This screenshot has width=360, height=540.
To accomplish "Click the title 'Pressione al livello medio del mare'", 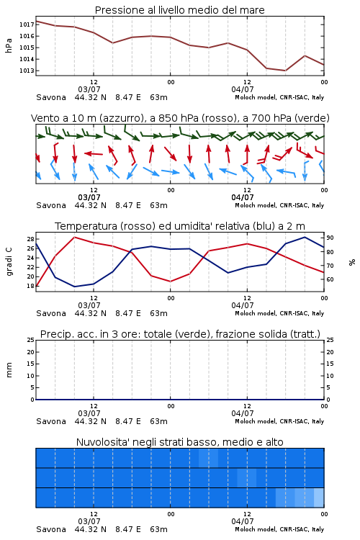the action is [179, 10].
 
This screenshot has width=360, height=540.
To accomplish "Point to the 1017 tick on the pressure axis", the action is [26, 24].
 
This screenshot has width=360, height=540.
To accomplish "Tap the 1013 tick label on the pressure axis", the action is [26, 71].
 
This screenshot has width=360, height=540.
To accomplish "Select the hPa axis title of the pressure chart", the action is [9, 45].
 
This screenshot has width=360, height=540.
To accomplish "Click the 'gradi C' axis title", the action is [9, 262].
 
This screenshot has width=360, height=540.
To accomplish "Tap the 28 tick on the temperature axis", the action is [30, 239].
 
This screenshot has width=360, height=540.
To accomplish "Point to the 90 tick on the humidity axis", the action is [330, 238].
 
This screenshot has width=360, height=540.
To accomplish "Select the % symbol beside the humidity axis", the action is [352, 262].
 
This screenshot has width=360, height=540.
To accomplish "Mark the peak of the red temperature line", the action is [74, 237].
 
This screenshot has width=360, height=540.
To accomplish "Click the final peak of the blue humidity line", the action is [305, 237].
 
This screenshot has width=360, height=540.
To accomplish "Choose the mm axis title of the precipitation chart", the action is [9, 370].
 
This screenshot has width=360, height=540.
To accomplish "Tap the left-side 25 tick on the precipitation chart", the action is [31, 340].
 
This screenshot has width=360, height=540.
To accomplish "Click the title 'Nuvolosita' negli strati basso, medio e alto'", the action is [179, 442].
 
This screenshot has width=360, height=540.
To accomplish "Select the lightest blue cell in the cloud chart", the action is [319, 498].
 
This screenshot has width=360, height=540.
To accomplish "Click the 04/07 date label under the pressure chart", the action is [243, 89].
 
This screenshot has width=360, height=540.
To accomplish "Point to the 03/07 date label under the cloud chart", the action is [89, 521].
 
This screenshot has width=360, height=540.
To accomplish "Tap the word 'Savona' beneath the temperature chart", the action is [51, 313].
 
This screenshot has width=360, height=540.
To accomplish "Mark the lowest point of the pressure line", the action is [285, 71].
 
